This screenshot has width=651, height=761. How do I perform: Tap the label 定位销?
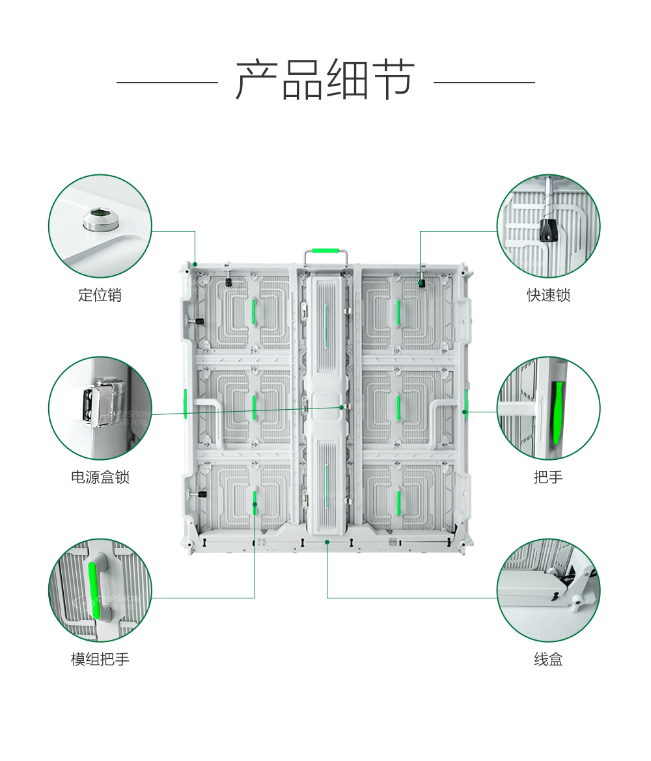[100, 295]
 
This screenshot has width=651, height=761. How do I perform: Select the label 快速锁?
[548, 295]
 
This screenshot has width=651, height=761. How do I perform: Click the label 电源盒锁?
[100, 477]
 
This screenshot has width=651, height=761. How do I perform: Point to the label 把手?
[548, 477]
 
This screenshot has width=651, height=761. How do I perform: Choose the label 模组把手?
[100, 660]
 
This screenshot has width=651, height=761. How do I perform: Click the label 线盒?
[548, 660]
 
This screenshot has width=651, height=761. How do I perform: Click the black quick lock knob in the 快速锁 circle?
[549, 230]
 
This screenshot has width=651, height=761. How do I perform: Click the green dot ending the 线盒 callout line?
[327, 541]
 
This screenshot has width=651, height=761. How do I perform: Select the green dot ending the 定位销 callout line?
[195, 264]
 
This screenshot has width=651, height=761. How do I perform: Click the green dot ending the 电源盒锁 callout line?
[341, 407]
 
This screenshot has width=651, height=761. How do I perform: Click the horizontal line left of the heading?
[167, 83]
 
